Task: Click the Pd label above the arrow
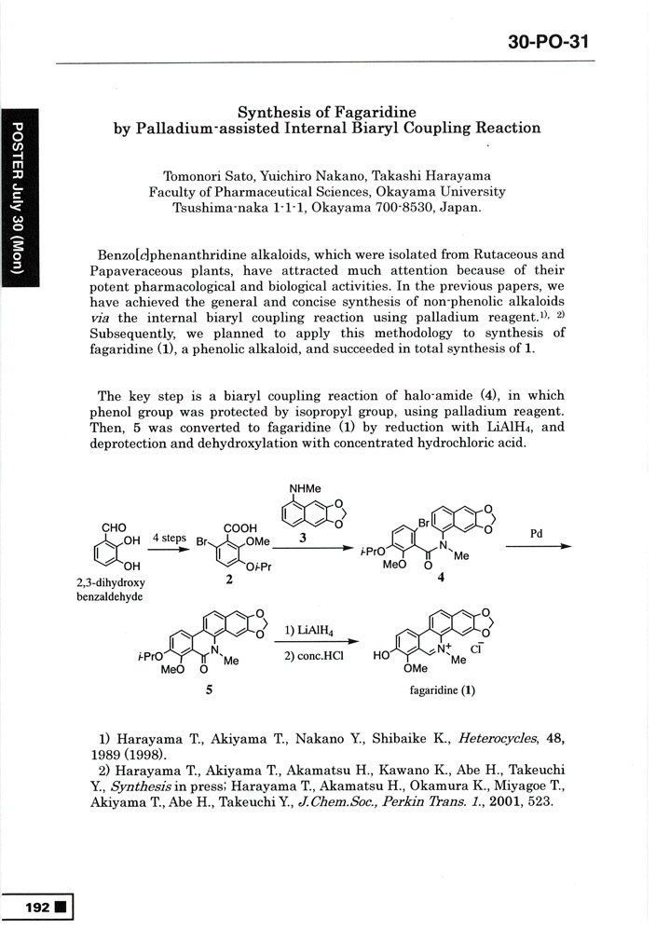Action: click(x=536, y=535)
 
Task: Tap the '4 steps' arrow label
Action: click(x=170, y=539)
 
